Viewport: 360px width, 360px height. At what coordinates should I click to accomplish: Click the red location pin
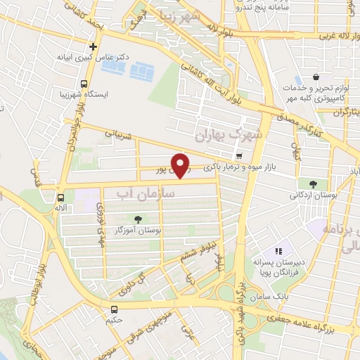pyautogui.click(x=181, y=166)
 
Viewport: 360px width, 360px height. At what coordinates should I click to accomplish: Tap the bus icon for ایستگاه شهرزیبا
pyautogui.click(x=84, y=84)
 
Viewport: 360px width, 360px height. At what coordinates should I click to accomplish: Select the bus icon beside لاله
pyautogui.click(x=61, y=198)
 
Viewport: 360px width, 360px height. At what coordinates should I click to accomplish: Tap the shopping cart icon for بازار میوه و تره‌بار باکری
pyautogui.click(x=239, y=155)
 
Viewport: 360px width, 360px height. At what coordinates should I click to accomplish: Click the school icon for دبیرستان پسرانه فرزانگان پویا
pyautogui.click(x=278, y=250)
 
